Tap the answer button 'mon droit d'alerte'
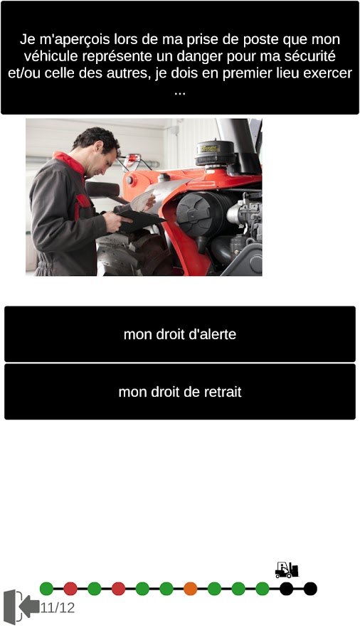[179, 334]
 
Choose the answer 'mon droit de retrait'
[179, 391]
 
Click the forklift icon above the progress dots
[287, 570]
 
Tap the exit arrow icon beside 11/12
[21, 607]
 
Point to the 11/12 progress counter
[58, 608]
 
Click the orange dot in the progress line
[190, 589]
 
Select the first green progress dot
[46, 589]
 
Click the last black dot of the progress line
[310, 589]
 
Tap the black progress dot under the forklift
[286, 589]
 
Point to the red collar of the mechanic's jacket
[70, 162]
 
